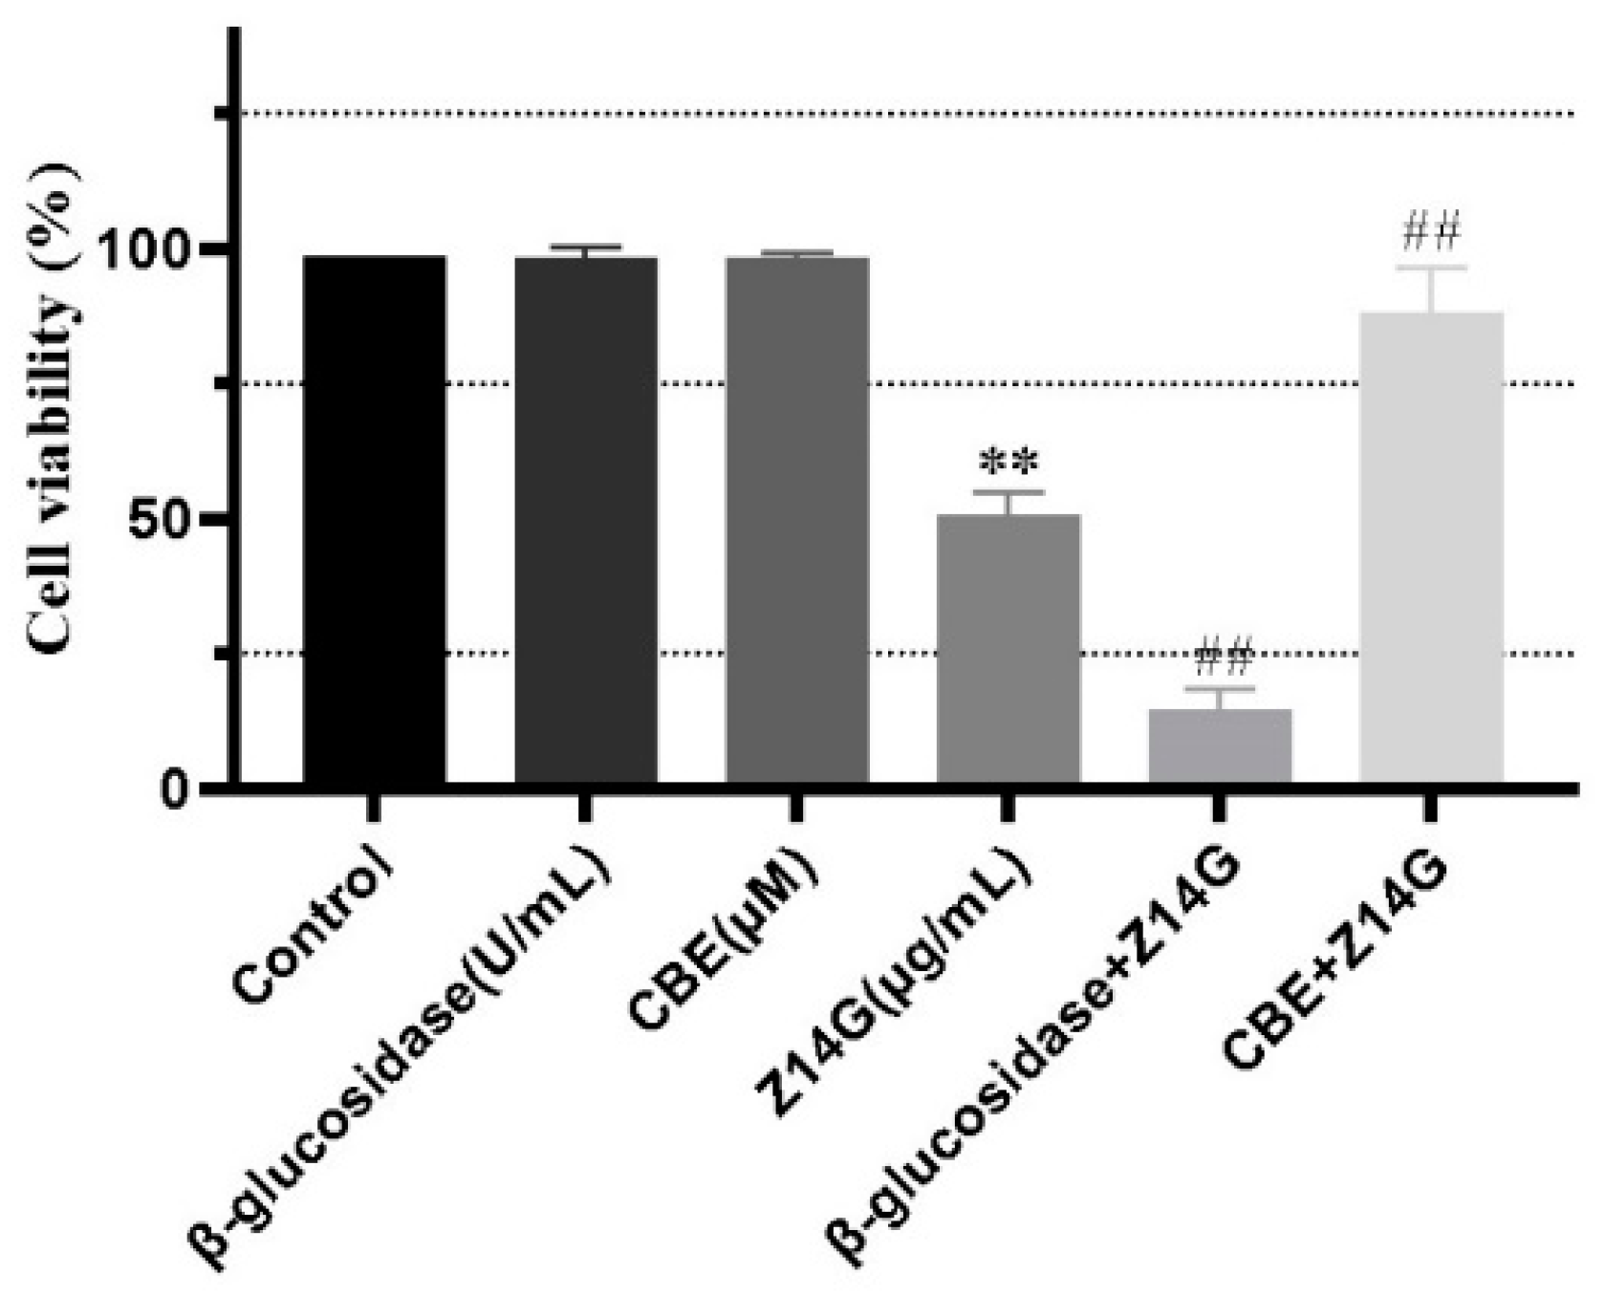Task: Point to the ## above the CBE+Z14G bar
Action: [x=1430, y=231]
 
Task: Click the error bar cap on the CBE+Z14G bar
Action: [x=1430, y=268]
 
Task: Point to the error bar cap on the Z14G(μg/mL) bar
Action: [x=1008, y=491]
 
